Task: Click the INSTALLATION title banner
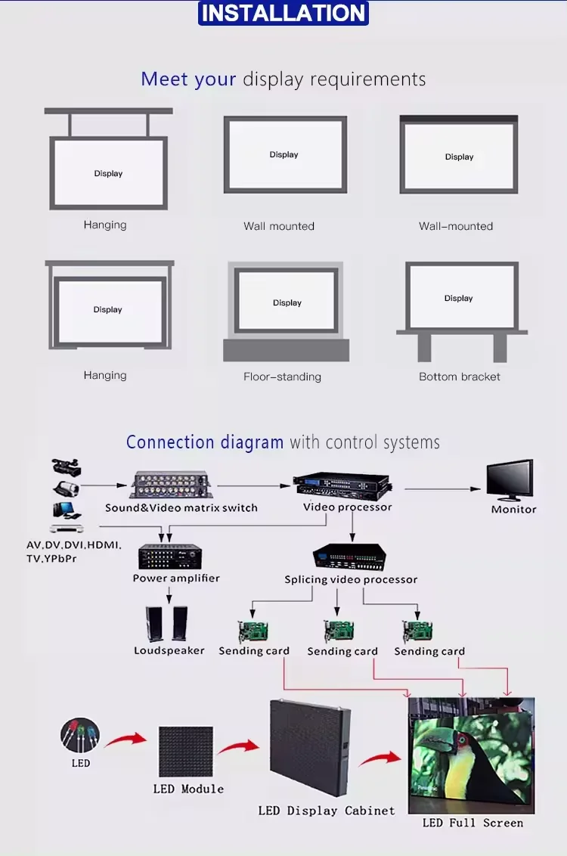[283, 13]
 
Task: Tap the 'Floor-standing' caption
[282, 377]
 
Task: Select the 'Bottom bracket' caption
[460, 377]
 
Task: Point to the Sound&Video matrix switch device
[171, 485]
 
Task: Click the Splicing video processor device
[350, 557]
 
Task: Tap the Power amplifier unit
[171, 557]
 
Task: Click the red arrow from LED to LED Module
[125, 739]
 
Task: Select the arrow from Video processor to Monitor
[442, 488]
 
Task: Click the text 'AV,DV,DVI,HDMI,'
[74, 545]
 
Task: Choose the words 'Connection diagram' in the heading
[204, 442]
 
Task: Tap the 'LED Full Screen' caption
[472, 823]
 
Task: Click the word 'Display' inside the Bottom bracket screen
[458, 299]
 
